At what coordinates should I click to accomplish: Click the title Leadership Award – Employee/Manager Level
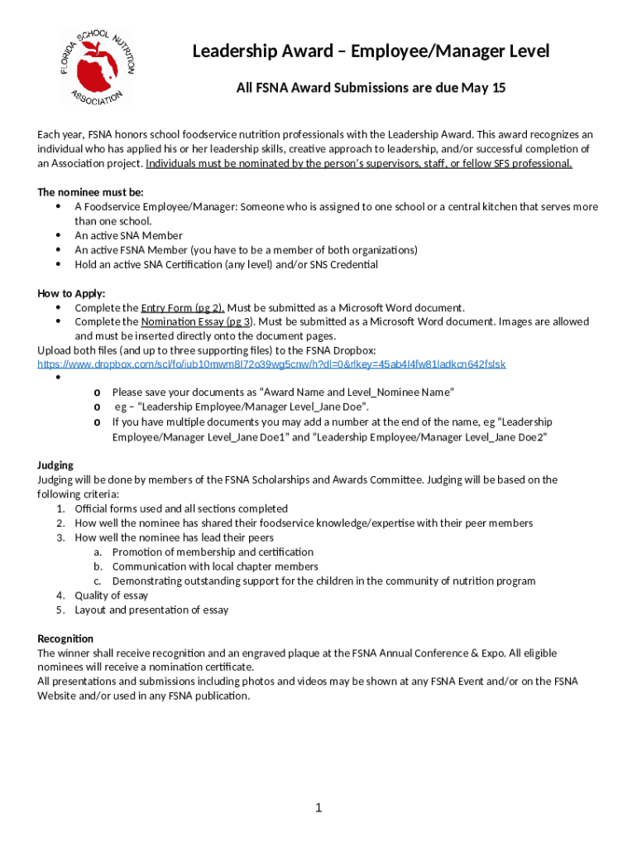(371, 51)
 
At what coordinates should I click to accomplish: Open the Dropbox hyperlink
(271, 364)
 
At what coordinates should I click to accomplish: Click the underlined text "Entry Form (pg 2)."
(184, 307)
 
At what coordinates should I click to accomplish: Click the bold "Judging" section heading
(55, 465)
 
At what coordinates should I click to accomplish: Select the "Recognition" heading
(65, 638)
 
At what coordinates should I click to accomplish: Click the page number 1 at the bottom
(318, 807)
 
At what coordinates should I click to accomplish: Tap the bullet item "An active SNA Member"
(128, 235)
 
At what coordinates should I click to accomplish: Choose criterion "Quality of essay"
(111, 595)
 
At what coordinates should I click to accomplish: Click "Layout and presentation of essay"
(151, 609)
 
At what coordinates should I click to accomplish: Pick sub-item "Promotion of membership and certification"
(213, 552)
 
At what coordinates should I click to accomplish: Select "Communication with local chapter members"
(215, 566)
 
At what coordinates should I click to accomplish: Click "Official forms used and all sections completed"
(181, 508)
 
